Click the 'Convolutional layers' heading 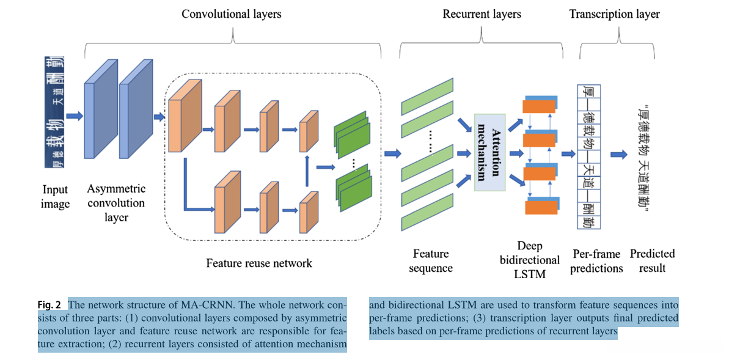[x=232, y=13]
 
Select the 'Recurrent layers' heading [x=482, y=13]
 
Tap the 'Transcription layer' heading [x=614, y=13]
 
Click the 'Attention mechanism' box [x=489, y=152]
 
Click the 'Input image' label [x=55, y=197]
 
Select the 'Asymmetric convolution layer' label [x=116, y=203]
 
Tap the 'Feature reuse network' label [x=259, y=263]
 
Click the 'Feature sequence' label [x=431, y=261]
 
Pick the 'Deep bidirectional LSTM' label [x=530, y=260]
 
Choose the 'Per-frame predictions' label [x=596, y=261]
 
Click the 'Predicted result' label [x=653, y=261]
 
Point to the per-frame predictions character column [x=589, y=156]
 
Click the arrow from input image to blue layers [x=75, y=115]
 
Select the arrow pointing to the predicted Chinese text [x=619, y=155]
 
